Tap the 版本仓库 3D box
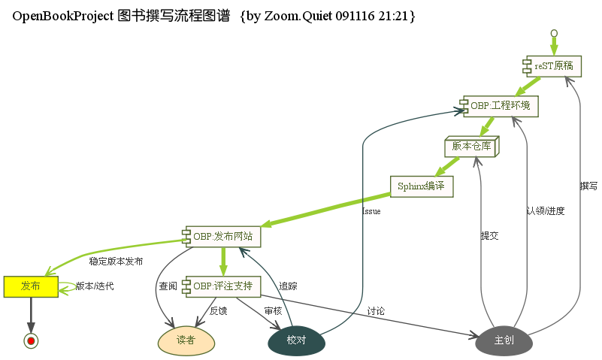click(471, 147)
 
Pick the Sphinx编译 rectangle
click(422, 186)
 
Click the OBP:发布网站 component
click(222, 237)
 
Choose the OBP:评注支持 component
click(222, 286)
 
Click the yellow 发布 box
click(31, 286)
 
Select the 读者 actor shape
click(186, 340)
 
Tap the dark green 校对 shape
click(296, 340)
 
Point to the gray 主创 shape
click(504, 340)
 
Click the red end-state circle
click(31, 341)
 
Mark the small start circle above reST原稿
click(554, 33)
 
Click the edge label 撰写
click(588, 186)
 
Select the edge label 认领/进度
click(545, 211)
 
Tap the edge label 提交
click(489, 236)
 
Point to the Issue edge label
click(371, 211)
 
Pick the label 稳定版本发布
click(116, 262)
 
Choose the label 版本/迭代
click(95, 286)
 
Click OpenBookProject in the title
click(63, 16)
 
